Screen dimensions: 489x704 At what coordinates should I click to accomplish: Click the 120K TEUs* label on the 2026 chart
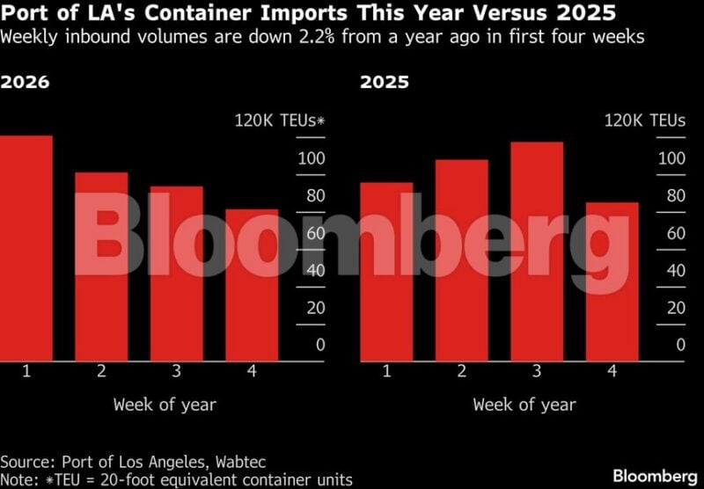click(279, 120)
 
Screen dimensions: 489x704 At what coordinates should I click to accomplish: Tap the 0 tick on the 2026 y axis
click(319, 345)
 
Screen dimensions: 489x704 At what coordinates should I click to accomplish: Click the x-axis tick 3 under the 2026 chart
click(176, 371)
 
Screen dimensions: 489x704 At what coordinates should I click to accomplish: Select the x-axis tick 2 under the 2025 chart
click(461, 371)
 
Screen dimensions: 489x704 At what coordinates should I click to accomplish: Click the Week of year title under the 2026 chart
click(165, 405)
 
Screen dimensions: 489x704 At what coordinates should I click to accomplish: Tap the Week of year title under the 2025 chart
click(524, 405)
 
